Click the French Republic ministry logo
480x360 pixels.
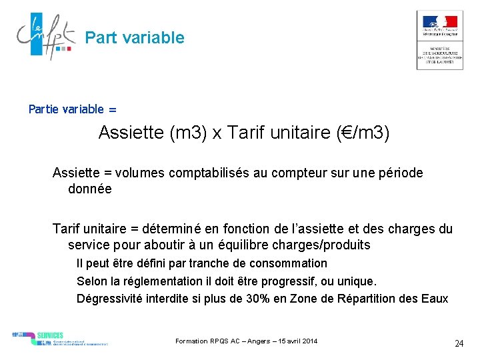click(x=439, y=40)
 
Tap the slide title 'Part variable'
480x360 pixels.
click(x=135, y=38)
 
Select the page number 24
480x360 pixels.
click(x=459, y=343)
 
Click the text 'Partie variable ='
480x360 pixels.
click(x=72, y=109)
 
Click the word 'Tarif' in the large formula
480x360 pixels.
click(x=245, y=133)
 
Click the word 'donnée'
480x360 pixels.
click(x=90, y=189)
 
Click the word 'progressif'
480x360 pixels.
click(x=321, y=281)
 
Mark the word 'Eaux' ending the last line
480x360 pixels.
click(x=435, y=298)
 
